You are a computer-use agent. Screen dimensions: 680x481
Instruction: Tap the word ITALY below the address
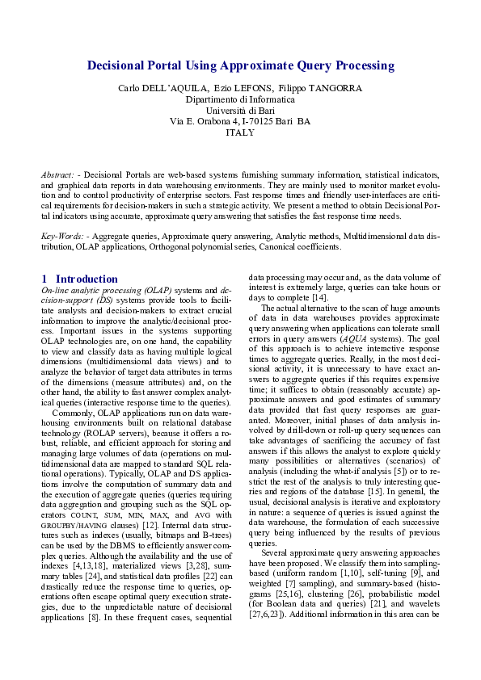(x=240, y=132)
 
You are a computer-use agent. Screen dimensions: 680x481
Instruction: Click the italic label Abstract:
(x=59, y=174)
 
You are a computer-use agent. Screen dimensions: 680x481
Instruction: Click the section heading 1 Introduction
(x=78, y=279)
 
